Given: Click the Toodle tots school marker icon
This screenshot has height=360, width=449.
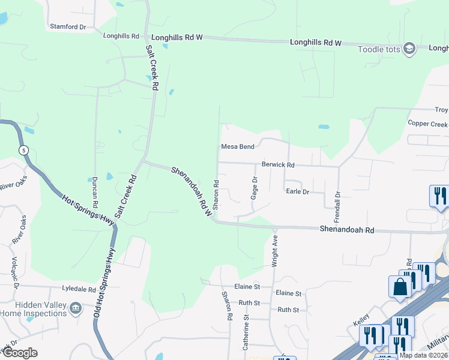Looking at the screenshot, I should click(409, 49).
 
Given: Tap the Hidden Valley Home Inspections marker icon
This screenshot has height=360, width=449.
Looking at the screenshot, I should click(76, 308).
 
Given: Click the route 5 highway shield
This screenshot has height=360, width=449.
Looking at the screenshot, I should click(23, 149).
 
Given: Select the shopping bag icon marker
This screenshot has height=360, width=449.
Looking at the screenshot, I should click(400, 287).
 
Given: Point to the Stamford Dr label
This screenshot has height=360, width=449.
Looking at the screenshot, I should click(68, 27).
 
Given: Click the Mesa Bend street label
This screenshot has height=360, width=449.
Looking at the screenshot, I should click(238, 146).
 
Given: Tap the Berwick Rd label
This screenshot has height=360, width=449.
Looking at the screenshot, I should click(278, 164).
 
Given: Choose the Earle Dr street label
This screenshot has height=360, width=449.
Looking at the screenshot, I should click(297, 191).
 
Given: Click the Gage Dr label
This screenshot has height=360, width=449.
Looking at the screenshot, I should click(255, 188).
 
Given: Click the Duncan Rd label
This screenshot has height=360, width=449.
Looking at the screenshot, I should click(95, 192).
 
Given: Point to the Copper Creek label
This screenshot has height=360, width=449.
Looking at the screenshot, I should click(427, 124).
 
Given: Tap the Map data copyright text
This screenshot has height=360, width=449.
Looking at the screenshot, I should click(424, 355).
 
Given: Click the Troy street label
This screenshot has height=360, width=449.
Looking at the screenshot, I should click(441, 110).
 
